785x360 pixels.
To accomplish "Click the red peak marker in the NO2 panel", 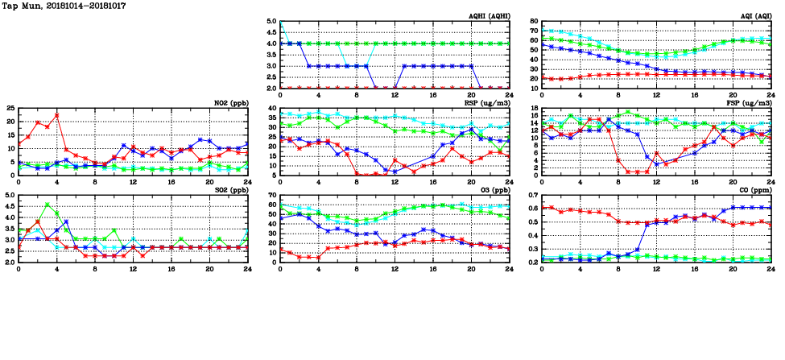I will pyautogui.click(x=56, y=115).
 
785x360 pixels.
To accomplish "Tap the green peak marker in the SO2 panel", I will pyautogui.click(x=48, y=205).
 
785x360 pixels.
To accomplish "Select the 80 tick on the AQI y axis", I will pyautogui.click(x=533, y=22).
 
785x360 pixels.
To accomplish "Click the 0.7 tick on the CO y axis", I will pyautogui.click(x=531, y=196).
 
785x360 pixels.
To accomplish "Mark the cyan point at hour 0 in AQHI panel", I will pyautogui.click(x=281, y=22).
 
